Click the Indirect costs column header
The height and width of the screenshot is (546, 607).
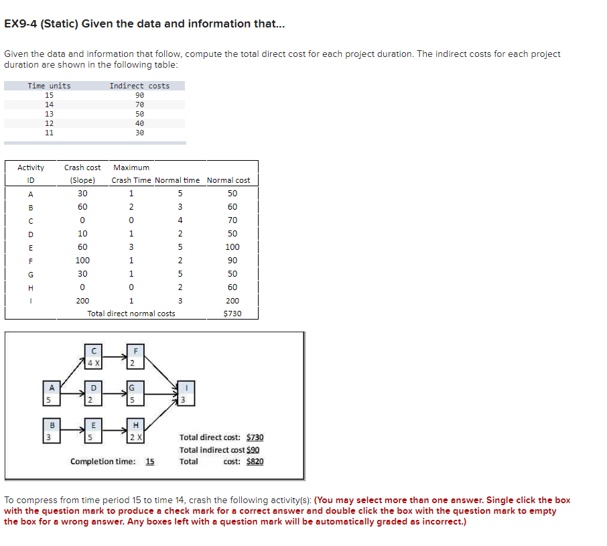tap(139, 86)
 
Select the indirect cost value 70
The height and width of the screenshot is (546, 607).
tap(139, 105)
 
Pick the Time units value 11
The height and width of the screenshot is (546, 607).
tap(49, 133)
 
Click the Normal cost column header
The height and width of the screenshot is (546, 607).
tap(228, 180)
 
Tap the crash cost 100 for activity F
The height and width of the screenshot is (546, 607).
tap(82, 261)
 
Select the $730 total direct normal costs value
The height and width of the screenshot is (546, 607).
tap(232, 314)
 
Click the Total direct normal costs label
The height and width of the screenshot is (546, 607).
tap(131, 314)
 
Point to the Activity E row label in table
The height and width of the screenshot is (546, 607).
tap(30, 247)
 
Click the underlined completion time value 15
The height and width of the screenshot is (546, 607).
tap(149, 462)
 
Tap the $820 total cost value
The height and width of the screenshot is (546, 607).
tap(255, 462)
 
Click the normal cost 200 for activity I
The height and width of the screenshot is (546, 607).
tap(232, 301)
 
